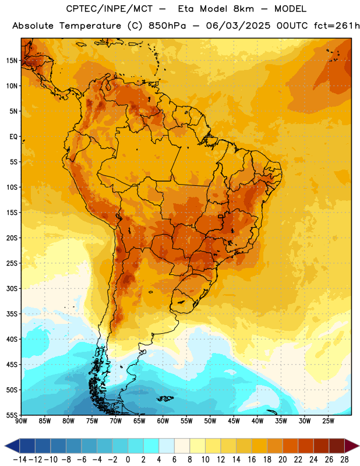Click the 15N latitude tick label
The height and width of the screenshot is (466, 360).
pyautogui.click(x=12, y=61)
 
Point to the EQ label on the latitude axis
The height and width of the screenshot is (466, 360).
pyautogui.click(x=13, y=137)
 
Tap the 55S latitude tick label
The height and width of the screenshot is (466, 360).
pyautogui.click(x=12, y=415)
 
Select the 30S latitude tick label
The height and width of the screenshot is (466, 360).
pyautogui.click(x=12, y=288)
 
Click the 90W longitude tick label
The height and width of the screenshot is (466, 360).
pyautogui.click(x=21, y=421)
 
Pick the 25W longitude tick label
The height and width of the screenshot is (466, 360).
pyautogui.click(x=328, y=421)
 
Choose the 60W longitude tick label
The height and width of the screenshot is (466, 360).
pyautogui.click(x=163, y=421)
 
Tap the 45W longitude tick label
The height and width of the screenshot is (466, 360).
pyautogui.click(x=234, y=421)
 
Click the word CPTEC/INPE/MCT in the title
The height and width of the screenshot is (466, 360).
pyautogui.click(x=110, y=9)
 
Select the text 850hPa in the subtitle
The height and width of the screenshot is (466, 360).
pyautogui.click(x=167, y=26)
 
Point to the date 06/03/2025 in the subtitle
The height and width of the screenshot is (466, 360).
pyautogui.click(x=238, y=26)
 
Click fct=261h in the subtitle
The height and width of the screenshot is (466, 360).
pyautogui.click(x=337, y=26)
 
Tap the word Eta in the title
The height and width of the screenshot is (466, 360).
pyautogui.click(x=186, y=9)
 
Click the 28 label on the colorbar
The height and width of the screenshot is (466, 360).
pyautogui.click(x=344, y=460)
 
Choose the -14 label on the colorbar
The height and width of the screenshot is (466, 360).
pyautogui.click(x=20, y=460)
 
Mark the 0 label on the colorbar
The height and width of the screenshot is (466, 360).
pyautogui.click(x=128, y=460)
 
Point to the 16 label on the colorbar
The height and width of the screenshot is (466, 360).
pyautogui.click(x=252, y=460)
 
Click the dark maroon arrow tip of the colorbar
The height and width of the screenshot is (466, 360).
pyautogui.click(x=352, y=446)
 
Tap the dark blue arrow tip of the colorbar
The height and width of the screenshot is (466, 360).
pyautogui.click(x=12, y=446)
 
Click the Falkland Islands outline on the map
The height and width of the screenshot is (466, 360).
pyautogui.click(x=165, y=398)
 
